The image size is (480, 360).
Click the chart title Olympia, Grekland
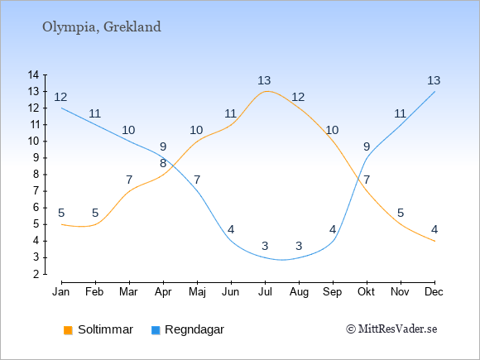point(101,27)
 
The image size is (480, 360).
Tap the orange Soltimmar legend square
point(68,330)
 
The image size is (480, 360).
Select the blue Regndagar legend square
point(156,330)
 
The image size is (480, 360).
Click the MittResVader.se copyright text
point(391,329)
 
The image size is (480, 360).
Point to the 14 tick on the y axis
point(33,74)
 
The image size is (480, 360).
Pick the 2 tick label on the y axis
point(36,274)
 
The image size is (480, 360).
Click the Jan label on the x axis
point(61,292)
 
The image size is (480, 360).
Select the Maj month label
point(197,292)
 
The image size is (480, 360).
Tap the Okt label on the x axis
point(366,292)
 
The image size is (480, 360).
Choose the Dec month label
point(434,292)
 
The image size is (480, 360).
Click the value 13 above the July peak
point(264,81)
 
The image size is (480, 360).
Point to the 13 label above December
point(434,80)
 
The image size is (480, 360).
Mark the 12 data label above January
point(60,97)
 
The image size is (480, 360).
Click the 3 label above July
point(265,246)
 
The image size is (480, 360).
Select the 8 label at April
point(163,163)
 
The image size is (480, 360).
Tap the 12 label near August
point(298,97)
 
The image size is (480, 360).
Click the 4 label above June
point(231,229)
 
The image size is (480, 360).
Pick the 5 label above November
point(401,213)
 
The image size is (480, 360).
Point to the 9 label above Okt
point(367,146)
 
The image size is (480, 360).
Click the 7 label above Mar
point(129,180)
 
